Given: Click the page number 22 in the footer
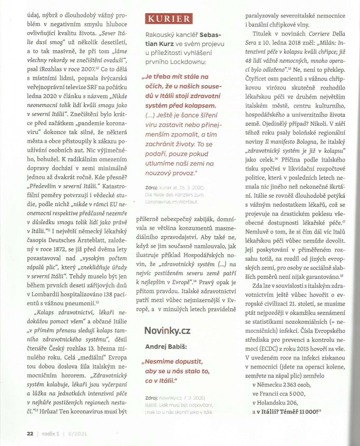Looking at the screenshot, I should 15,433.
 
